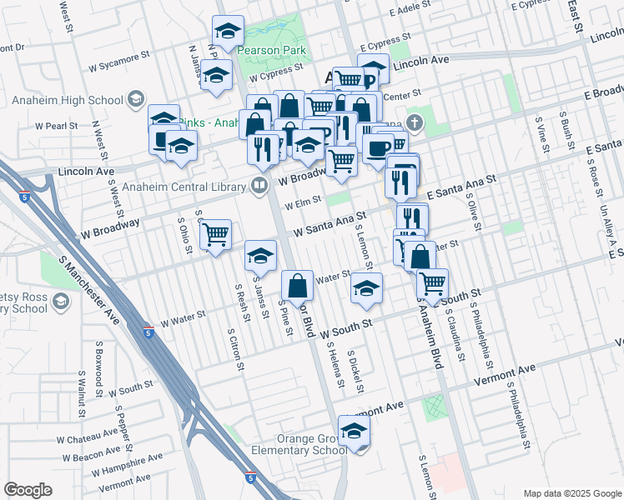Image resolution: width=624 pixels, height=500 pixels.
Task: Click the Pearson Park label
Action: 271,50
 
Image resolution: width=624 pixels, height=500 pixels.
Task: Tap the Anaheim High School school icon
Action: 133,101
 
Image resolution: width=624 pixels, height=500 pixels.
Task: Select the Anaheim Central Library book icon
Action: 259,185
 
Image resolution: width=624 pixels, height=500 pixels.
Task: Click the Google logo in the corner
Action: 28,490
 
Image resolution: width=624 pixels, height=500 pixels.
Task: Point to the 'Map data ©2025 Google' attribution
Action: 571,493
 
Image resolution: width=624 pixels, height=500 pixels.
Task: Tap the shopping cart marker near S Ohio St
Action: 216,236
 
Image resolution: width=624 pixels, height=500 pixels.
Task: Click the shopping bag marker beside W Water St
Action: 298,287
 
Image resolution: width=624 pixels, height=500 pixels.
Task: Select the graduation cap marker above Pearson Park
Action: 228,32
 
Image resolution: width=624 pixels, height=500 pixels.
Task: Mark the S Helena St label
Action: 335,367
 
